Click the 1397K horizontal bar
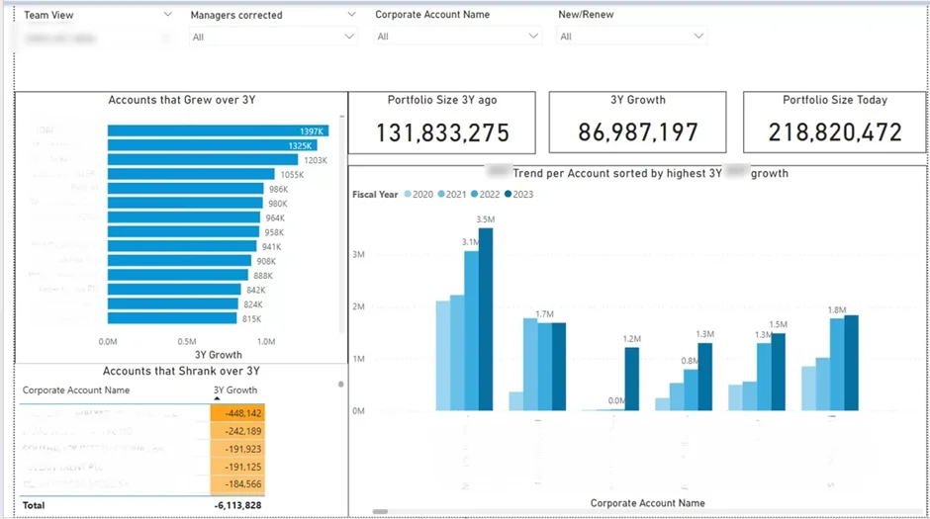(x=218, y=130)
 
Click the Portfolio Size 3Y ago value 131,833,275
(x=443, y=131)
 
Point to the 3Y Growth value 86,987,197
(x=637, y=131)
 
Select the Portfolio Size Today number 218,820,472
(x=835, y=131)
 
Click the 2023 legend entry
(x=518, y=195)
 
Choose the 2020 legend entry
(x=419, y=195)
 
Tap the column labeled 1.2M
(x=631, y=378)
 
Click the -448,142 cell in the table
(x=238, y=413)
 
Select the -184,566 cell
(x=238, y=484)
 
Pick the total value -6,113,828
(x=238, y=505)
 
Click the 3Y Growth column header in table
(x=235, y=390)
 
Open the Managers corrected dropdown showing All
(x=272, y=37)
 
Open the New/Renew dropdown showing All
(x=631, y=37)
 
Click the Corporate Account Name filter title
(x=432, y=15)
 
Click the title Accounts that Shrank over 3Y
(x=181, y=371)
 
